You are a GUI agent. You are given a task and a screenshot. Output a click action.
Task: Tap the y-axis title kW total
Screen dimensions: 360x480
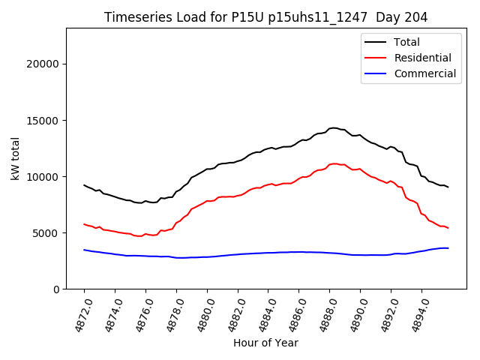tap(16, 158)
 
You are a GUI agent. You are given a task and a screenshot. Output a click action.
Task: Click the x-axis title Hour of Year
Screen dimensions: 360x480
tap(265, 343)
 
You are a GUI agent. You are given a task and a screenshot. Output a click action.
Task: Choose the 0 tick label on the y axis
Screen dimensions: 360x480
tap(56, 289)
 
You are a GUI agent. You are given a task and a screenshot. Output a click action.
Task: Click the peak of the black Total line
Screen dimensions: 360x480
tap(333, 127)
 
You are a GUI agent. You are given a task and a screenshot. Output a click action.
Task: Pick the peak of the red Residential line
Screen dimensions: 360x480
tap(333, 163)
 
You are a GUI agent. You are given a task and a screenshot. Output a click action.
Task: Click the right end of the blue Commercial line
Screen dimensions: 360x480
tap(448, 248)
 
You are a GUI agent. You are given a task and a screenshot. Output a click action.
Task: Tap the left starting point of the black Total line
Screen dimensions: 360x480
tap(84, 184)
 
